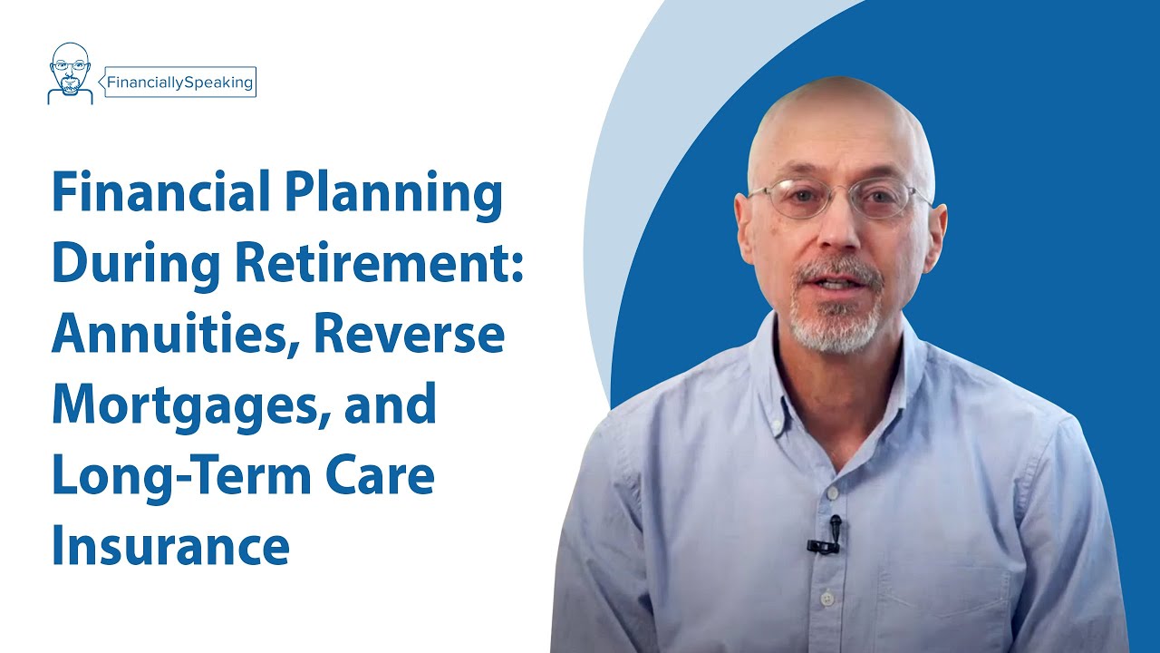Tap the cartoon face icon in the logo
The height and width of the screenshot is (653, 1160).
tap(70, 73)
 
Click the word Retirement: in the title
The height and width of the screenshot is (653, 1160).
tap(379, 264)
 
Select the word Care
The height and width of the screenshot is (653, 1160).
tap(391, 477)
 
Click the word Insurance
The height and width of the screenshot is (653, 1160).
tap(170, 546)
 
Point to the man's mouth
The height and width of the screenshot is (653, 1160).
tap(839, 283)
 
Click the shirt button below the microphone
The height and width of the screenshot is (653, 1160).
tap(826, 599)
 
